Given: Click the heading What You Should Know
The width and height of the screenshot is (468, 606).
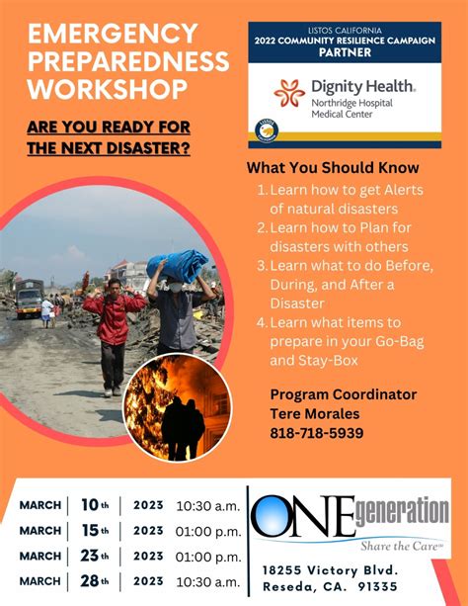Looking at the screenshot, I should [x=333, y=168].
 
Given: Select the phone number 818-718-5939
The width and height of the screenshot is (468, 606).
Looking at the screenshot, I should [x=317, y=433].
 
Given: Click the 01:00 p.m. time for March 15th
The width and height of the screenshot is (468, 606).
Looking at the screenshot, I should [x=208, y=531].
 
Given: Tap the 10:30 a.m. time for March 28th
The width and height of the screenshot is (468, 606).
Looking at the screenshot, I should [x=208, y=580].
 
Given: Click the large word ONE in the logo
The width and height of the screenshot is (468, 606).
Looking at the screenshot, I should [x=302, y=517].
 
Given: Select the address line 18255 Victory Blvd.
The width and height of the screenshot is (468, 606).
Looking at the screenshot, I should [x=331, y=571].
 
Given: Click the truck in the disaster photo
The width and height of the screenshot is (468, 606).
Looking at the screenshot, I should [x=29, y=296].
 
